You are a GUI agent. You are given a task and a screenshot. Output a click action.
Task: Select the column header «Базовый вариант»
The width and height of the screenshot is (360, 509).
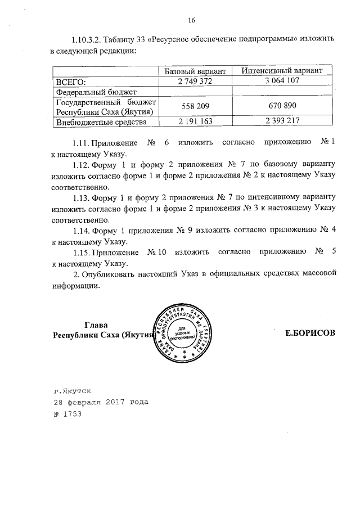click(x=195, y=71)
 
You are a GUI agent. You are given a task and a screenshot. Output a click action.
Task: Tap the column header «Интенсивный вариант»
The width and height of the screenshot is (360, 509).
click(x=282, y=71)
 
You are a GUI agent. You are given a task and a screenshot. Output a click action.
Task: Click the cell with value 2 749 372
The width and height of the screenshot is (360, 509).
click(x=195, y=81)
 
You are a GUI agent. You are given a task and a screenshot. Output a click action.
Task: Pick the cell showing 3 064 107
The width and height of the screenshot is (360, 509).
click(x=282, y=81)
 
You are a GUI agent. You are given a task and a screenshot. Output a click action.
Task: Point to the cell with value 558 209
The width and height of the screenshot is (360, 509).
click(x=195, y=106)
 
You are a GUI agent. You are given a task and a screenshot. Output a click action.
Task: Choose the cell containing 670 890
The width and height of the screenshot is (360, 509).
click(x=282, y=106)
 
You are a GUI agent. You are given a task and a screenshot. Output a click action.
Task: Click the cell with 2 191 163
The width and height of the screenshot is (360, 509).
click(x=195, y=121)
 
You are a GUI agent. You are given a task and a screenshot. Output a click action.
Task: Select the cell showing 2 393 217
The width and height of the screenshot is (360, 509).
click(x=282, y=121)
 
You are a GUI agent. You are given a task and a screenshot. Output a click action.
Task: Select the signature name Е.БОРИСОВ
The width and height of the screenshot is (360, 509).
click(x=310, y=334)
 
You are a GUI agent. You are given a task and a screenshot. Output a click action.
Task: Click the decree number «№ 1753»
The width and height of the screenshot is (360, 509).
click(x=67, y=415)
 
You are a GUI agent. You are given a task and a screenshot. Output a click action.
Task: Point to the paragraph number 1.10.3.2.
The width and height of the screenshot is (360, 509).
click(x=87, y=39)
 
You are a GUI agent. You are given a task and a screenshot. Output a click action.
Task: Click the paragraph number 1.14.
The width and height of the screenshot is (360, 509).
click(x=82, y=231)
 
